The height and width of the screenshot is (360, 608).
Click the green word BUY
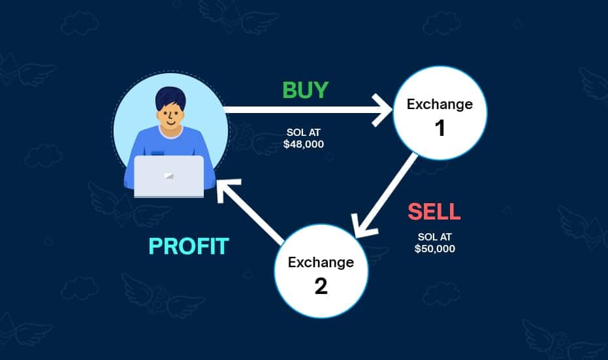point(305,90)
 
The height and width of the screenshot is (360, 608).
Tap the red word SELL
point(434,212)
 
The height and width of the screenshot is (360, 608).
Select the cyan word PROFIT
point(189,246)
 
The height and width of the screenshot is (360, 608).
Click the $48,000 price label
point(304,144)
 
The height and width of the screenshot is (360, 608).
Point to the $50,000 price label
point(435,249)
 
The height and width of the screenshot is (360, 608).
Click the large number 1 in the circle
point(440,128)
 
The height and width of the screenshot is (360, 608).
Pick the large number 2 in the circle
point(321,286)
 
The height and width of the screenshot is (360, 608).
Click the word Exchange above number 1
point(440,104)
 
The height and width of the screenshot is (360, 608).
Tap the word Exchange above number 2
point(321,263)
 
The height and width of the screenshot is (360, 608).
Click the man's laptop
point(169,176)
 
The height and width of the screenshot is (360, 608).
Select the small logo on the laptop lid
point(169,175)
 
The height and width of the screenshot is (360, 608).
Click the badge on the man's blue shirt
point(157,153)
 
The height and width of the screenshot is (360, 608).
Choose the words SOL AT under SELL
point(435,238)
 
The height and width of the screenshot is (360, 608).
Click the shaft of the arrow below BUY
point(300,109)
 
